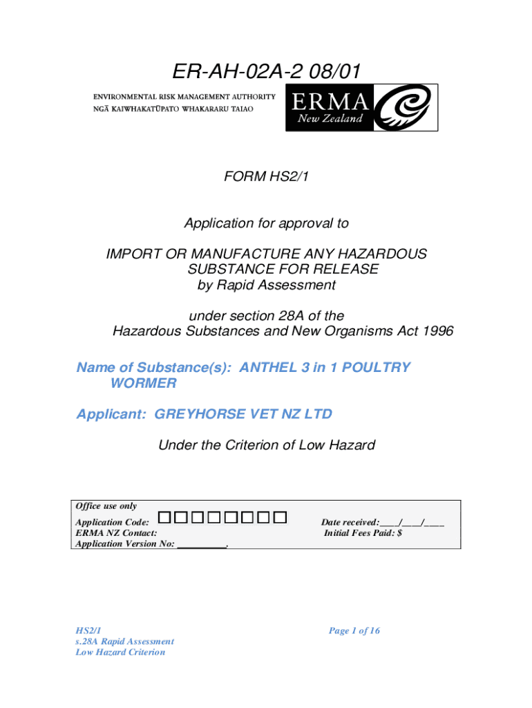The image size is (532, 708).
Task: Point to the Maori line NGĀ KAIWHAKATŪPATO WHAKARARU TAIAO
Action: point(184,111)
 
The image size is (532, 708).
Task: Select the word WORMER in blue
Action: point(143,382)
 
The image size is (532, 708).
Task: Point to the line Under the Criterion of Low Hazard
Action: point(266,445)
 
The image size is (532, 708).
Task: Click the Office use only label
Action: point(106,506)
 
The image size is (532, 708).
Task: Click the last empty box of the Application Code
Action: point(280,516)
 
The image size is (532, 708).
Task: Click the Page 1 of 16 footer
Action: point(354,631)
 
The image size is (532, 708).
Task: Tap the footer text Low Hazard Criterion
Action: point(120,652)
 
